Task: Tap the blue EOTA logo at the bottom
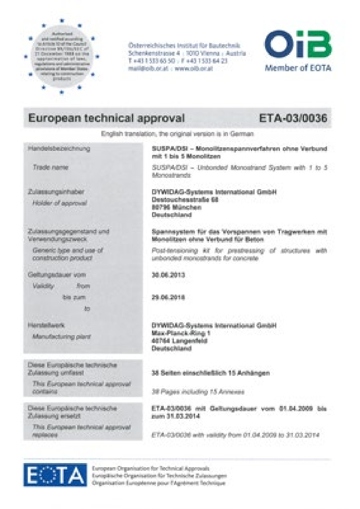point(55,475)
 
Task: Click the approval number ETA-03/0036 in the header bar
point(293,118)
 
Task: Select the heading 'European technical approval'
point(107,118)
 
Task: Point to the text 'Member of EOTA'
point(298,68)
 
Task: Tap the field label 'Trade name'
point(50,167)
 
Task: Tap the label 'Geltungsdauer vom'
point(57,275)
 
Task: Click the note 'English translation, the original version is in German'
point(177,133)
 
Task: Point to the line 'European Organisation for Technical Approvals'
point(150,468)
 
